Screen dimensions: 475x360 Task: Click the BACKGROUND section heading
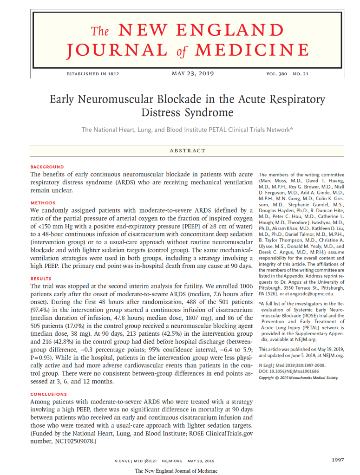pos(47,167)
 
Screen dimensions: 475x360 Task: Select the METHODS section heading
pos(43,203)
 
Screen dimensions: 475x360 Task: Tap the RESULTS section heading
pos(41,279)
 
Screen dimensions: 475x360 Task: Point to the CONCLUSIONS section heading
pos(48,394)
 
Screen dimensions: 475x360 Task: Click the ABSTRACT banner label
pos(187,150)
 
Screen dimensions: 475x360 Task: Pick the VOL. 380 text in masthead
pos(276,74)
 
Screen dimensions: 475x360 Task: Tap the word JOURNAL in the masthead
pos(116,50)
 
